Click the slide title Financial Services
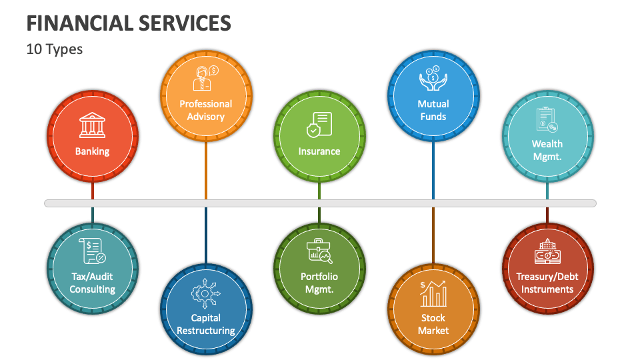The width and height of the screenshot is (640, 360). pos(129,23)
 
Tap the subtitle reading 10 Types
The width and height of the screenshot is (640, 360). pos(55,49)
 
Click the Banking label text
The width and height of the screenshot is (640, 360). pos(92,151)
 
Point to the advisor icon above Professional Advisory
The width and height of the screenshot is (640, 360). pos(205,78)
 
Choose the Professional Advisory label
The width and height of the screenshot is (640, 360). pos(205,110)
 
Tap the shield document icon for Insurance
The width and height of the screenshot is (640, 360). pos(319,125)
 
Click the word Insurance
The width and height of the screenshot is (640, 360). pos(319,151)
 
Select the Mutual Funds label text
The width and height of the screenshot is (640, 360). pos(433,110)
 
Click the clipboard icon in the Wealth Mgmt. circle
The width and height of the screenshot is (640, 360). pos(547,119)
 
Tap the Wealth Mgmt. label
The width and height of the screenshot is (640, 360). pos(547,150)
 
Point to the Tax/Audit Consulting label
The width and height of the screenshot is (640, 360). pos(92,283)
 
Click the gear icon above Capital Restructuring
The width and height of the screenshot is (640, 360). pos(205,293)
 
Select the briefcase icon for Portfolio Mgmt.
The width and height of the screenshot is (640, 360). pos(319,251)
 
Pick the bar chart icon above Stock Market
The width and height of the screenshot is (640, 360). pos(433,293)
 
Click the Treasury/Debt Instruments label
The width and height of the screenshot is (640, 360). pos(547,283)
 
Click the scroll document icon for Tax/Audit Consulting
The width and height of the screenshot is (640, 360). pos(92,251)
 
